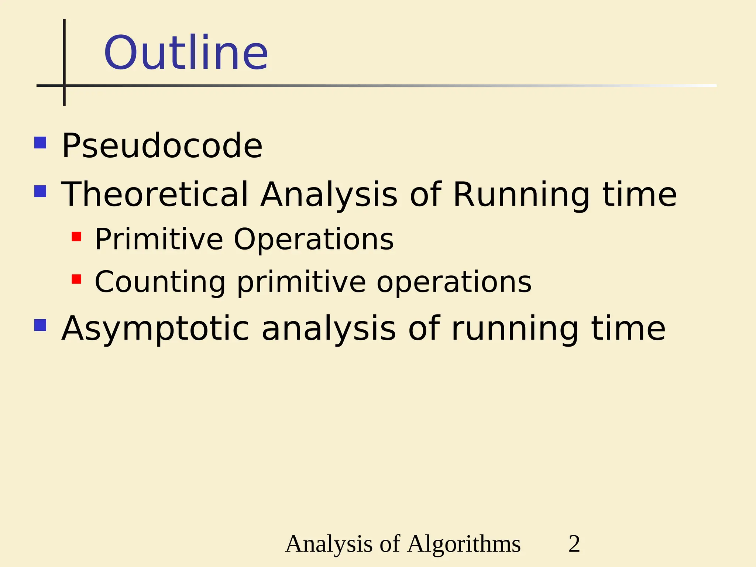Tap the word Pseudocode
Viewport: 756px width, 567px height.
coord(162,146)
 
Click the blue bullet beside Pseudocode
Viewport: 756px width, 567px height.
coord(40,143)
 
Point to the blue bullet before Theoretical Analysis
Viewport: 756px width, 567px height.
coord(40,191)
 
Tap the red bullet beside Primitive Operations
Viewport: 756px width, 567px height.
coord(76,237)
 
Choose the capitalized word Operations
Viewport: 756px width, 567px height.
coord(314,240)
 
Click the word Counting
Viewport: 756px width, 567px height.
coord(160,282)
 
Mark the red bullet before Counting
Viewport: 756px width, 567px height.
coord(76,279)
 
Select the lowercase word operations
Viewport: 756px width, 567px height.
coord(454,282)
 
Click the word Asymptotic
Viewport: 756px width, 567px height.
coord(155,329)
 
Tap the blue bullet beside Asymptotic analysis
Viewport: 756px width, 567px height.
coord(40,325)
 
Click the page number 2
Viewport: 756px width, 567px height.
coord(574,544)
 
